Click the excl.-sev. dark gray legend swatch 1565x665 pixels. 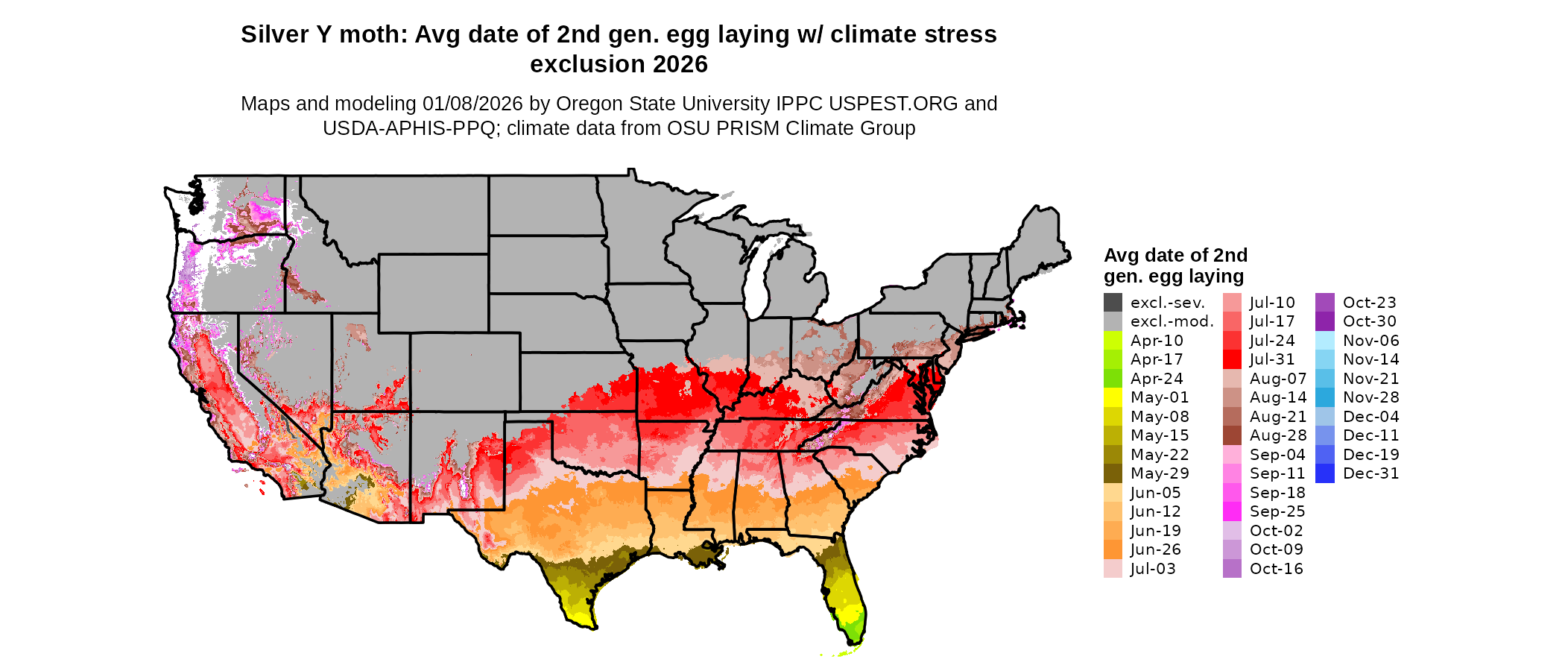coord(1113,303)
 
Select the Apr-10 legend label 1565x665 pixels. coord(1157,341)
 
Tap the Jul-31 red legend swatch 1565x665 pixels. coord(1232,359)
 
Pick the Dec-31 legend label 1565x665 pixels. coord(1370,473)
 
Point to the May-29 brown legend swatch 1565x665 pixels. coord(1113,473)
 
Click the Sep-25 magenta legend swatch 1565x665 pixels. coord(1232,511)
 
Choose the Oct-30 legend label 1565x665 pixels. coord(1369,321)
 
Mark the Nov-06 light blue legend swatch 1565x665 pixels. coord(1325,341)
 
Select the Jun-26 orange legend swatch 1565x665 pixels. coord(1113,549)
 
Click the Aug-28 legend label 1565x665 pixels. coord(1277,435)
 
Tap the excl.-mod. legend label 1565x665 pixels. coord(1172,321)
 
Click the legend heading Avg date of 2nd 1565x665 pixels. coord(1175,256)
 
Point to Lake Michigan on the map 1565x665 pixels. coord(758,280)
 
